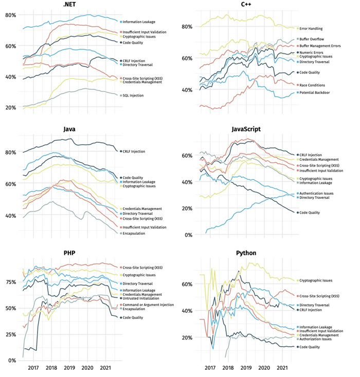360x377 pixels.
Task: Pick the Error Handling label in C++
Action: coord(314,29)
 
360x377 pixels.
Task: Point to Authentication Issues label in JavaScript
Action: coord(317,194)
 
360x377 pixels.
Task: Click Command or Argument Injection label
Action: coord(149,305)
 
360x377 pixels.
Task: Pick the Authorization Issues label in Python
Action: coord(316,338)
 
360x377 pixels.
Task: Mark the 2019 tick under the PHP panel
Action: coord(69,368)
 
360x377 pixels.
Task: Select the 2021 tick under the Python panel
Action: coord(282,368)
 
